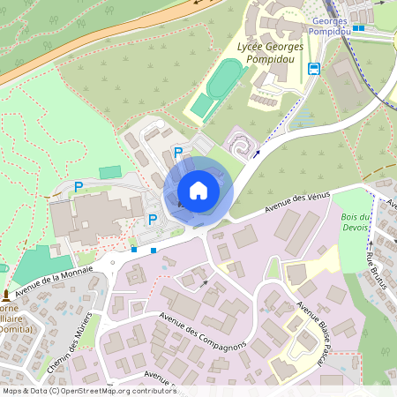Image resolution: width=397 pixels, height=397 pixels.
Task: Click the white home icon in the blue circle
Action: tap(198, 190)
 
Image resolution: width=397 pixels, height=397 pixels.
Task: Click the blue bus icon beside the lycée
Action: tap(313, 69)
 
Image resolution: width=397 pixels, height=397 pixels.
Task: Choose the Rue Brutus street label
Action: tap(377, 264)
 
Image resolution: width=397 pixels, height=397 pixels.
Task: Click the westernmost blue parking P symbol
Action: tap(79, 187)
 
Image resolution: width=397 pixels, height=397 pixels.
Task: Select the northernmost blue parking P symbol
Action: tap(178, 153)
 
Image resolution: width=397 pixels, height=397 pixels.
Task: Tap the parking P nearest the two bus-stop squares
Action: tap(152, 220)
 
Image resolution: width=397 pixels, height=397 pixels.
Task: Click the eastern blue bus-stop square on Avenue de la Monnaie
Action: tap(154, 251)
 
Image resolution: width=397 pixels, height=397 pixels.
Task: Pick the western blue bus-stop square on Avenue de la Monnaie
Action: tap(134, 250)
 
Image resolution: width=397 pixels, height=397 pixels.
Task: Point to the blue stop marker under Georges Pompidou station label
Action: tap(359, 27)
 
